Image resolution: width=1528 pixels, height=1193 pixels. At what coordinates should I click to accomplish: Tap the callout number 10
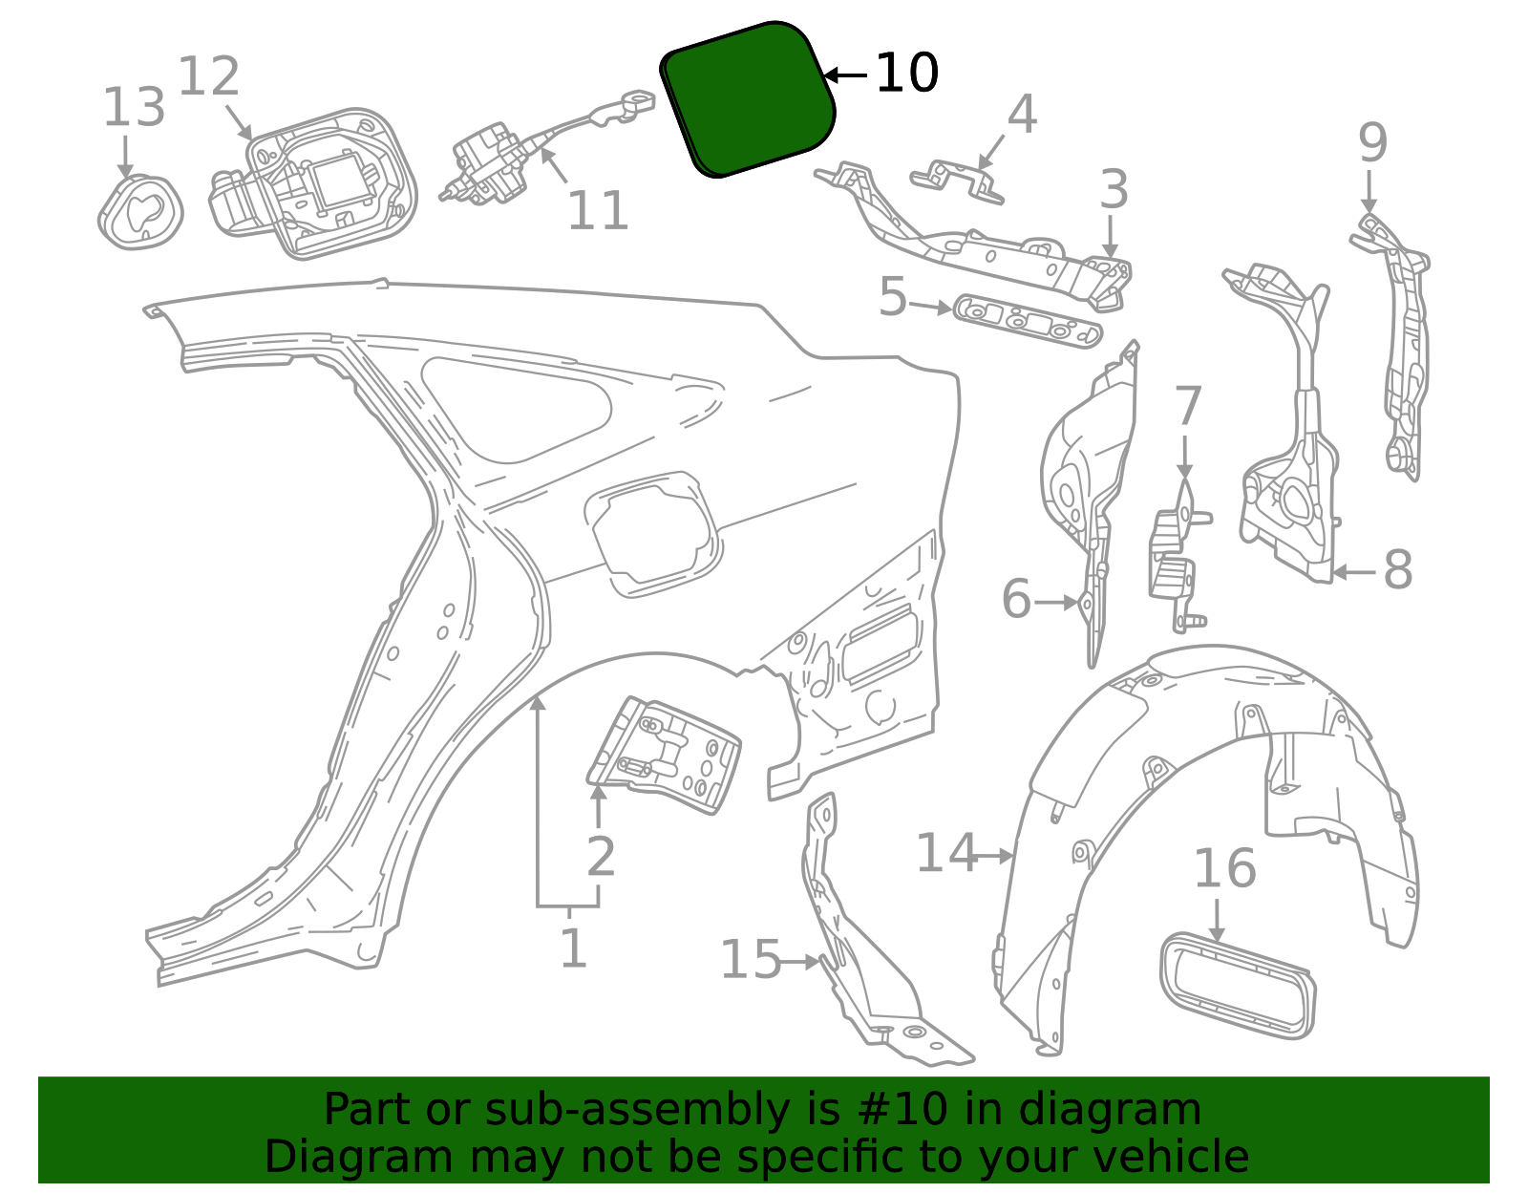(906, 74)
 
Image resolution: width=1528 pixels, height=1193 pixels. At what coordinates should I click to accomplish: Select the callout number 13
(134, 108)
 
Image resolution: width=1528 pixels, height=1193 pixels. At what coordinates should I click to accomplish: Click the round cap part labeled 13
(140, 213)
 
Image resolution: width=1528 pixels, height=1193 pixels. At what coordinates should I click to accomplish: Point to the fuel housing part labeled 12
(315, 186)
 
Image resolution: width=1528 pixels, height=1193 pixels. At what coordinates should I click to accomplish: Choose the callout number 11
(598, 211)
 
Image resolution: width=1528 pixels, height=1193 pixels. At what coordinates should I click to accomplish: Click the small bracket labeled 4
(957, 180)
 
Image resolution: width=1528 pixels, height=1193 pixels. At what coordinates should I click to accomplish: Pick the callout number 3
(1114, 190)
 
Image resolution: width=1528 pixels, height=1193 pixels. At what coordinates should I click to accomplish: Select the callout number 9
(1372, 144)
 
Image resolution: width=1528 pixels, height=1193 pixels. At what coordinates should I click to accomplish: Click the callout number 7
(1187, 408)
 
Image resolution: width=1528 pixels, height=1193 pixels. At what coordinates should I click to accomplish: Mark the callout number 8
(1397, 571)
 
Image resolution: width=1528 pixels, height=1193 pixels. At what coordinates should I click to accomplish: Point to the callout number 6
(1016, 601)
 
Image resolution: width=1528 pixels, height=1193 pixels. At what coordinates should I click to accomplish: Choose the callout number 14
(946, 853)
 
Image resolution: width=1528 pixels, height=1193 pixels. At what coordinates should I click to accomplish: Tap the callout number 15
(750, 960)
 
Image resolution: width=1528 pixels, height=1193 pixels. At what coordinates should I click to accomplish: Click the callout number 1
(572, 948)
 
